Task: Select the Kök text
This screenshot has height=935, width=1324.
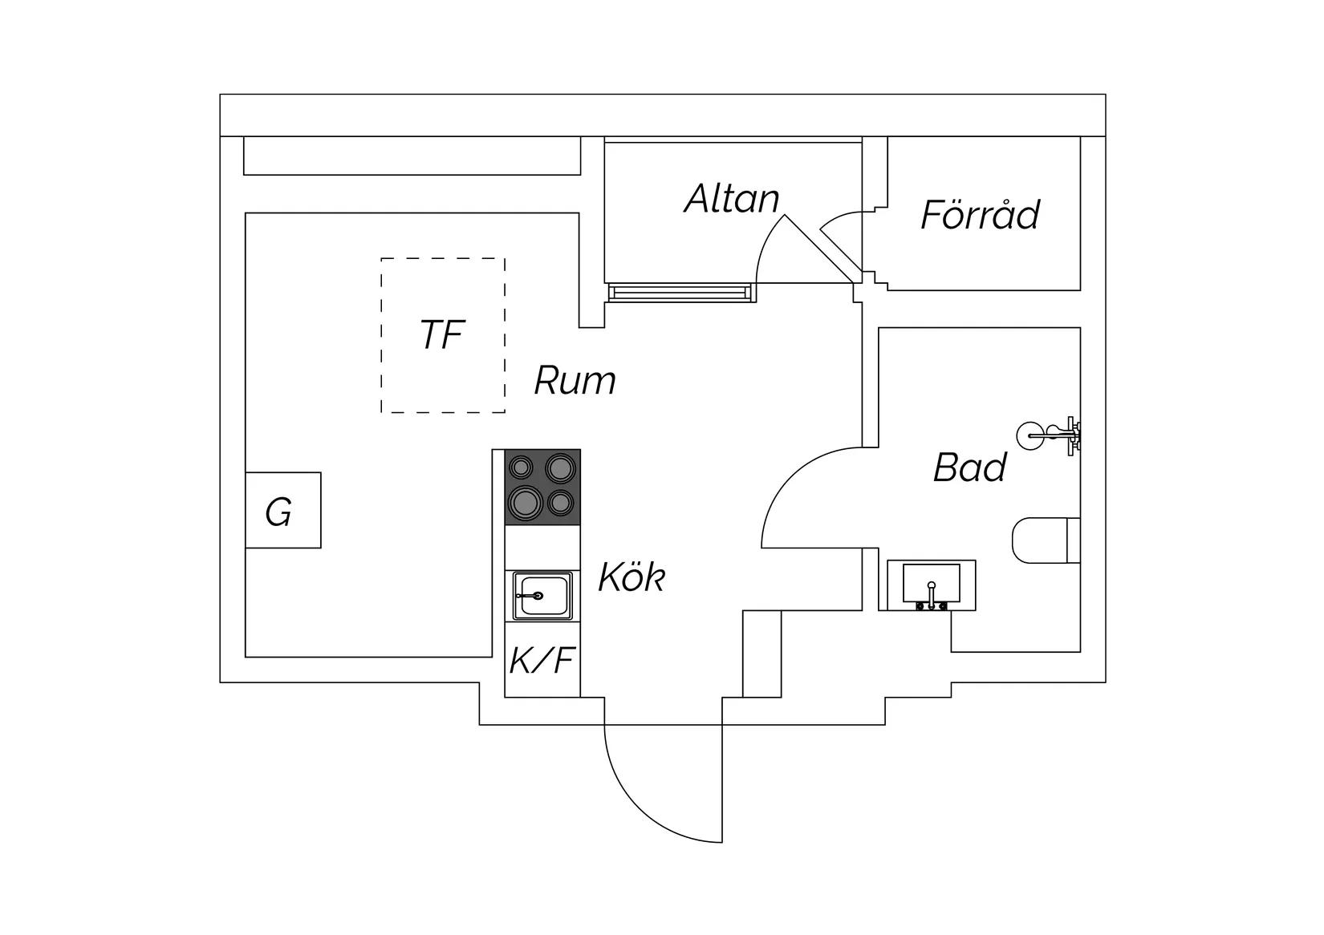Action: tap(632, 577)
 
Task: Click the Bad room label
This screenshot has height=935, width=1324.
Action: tap(970, 467)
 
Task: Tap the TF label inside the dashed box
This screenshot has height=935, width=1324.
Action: tap(442, 334)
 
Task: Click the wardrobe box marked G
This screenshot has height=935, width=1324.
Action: tap(283, 510)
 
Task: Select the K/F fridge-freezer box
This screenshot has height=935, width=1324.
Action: tap(542, 659)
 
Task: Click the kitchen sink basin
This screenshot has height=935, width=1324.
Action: tap(542, 596)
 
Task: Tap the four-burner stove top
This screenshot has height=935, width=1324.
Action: tap(542, 488)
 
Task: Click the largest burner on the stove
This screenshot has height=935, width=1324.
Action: tap(526, 504)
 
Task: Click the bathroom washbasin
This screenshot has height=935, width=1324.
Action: tap(932, 585)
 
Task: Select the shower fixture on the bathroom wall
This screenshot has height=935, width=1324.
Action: tap(1050, 436)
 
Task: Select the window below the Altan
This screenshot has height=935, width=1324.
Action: tap(680, 293)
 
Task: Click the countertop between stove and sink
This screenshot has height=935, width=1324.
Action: tap(542, 548)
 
